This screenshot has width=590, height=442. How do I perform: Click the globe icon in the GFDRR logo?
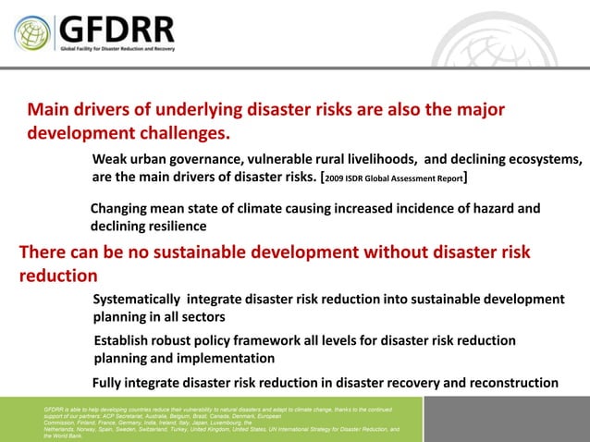pos(32,33)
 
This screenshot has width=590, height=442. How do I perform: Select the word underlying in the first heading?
pos(226,110)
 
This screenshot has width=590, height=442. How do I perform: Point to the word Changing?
pos(121,208)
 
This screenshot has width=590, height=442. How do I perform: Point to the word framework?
pos(264,341)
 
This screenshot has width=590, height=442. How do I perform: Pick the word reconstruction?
pos(512,383)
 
